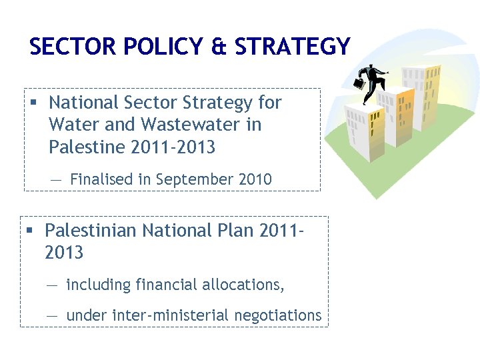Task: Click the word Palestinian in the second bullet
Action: (95, 231)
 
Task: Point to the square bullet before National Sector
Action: (32, 103)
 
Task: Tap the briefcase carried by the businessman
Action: (359, 83)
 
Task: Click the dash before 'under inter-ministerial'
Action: (53, 315)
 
